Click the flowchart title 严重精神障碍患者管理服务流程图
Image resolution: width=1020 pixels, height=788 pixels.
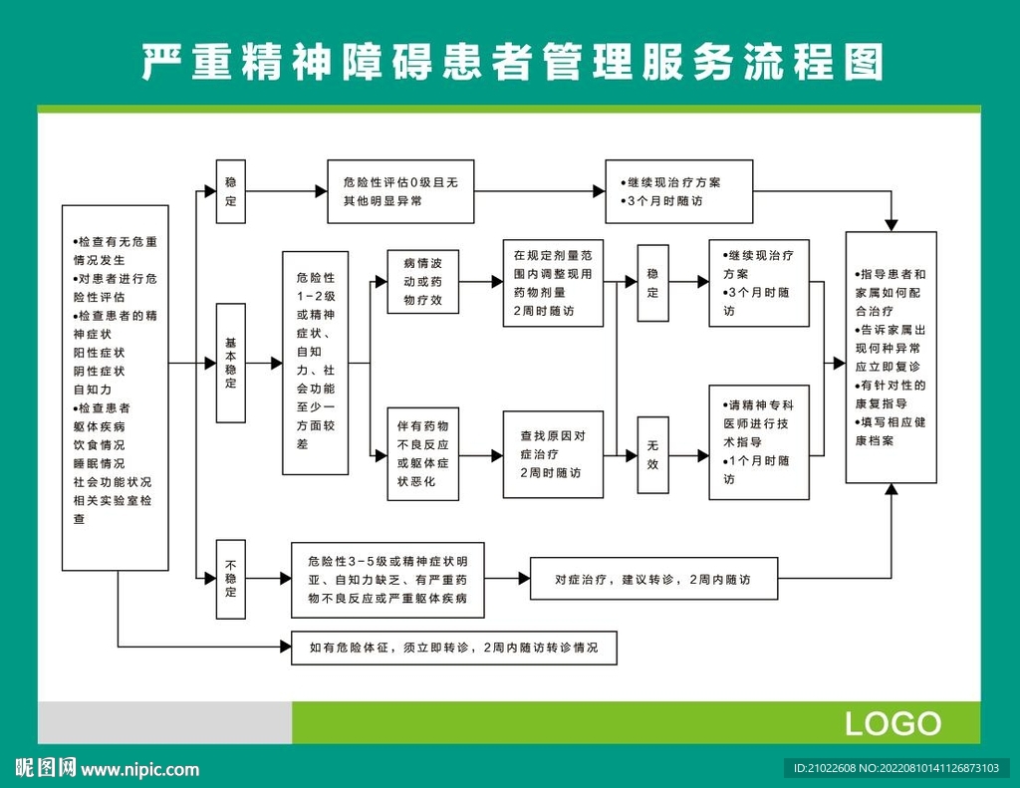pyautogui.click(x=510, y=62)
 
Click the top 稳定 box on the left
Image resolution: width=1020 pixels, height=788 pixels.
pyautogui.click(x=231, y=191)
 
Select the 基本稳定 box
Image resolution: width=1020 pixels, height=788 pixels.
pyautogui.click(x=231, y=364)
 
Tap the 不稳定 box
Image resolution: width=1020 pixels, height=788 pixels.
pyautogui.click(x=231, y=577)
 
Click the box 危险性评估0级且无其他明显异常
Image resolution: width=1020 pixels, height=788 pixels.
pyautogui.click(x=400, y=191)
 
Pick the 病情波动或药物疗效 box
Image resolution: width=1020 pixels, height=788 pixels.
pyautogui.click(x=422, y=282)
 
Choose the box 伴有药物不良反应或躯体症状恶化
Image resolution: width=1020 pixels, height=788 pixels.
pyautogui.click(x=422, y=453)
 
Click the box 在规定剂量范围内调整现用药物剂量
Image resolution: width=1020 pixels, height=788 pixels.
pyautogui.click(x=553, y=282)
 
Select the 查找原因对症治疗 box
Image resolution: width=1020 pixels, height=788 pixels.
pyautogui.click(x=553, y=454)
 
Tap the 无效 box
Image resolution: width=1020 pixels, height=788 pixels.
pyautogui.click(x=653, y=455)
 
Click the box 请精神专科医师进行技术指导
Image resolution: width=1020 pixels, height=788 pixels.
pyautogui.click(x=759, y=441)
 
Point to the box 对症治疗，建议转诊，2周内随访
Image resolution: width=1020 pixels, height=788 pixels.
pyautogui.click(x=652, y=579)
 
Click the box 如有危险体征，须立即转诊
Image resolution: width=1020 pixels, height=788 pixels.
pyautogui.click(x=454, y=648)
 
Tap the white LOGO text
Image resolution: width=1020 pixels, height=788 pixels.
pyautogui.click(x=892, y=723)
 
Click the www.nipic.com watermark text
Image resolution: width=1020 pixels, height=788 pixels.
pyautogui.click(x=139, y=769)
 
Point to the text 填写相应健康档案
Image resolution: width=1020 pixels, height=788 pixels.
pyautogui.click(x=891, y=431)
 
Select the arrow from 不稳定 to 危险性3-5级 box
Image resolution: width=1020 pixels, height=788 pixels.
pyautogui.click(x=270, y=578)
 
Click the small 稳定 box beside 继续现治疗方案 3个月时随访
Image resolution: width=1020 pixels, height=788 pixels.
pyautogui.click(x=653, y=283)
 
